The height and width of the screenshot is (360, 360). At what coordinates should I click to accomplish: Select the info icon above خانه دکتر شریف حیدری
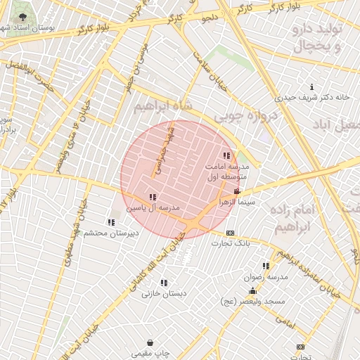click(311, 87)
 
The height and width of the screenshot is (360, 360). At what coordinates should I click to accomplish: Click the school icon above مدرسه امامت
click(226, 155)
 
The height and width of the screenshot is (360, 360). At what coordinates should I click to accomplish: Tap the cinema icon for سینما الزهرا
click(237, 191)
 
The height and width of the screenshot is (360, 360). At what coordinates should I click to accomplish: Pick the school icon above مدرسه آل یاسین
click(153, 198)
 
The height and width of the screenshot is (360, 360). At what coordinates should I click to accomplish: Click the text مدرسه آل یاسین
click(153, 208)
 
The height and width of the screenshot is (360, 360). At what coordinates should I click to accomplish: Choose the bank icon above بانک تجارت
click(230, 233)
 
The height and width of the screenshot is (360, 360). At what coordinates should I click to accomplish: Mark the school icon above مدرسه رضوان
click(266, 266)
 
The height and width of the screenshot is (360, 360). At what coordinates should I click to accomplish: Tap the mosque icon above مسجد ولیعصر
click(252, 290)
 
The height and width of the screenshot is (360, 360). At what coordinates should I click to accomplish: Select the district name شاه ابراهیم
click(161, 105)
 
